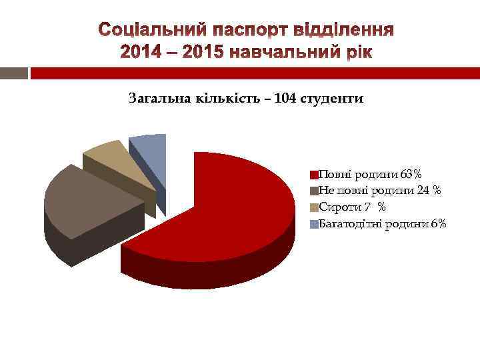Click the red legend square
(314, 176)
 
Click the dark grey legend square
(314, 192)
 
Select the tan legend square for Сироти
(314, 208)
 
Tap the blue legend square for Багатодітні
(314, 224)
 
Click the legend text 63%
(411, 175)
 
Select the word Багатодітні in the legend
(351, 223)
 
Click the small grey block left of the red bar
(14, 73)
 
